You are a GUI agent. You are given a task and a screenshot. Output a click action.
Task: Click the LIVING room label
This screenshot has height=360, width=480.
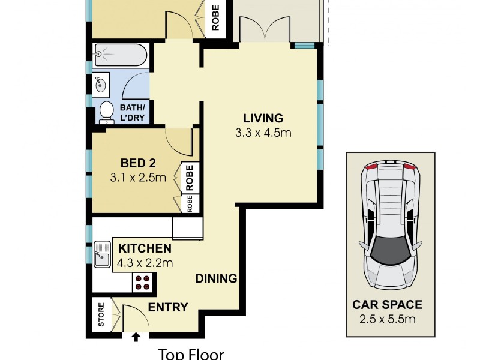click(x=263, y=118)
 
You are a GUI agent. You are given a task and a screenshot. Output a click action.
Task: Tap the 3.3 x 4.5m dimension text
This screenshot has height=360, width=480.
click(x=263, y=133)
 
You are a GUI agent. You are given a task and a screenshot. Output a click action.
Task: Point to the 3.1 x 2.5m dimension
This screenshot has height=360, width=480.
click(x=138, y=178)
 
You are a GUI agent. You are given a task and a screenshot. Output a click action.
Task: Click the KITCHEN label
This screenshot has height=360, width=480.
click(x=145, y=248)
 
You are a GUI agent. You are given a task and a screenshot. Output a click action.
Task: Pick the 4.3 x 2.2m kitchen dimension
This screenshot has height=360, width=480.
click(x=145, y=262)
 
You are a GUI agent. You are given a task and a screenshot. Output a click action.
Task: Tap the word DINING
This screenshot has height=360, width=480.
click(x=217, y=278)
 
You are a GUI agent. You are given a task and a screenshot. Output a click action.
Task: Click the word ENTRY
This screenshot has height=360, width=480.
click(x=168, y=307)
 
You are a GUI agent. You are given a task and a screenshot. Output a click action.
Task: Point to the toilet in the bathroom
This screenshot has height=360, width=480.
click(x=106, y=112)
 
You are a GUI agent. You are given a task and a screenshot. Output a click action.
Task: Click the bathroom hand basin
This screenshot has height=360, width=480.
click(x=101, y=85)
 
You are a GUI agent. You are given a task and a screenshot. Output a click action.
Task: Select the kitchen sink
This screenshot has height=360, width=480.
click(x=102, y=253)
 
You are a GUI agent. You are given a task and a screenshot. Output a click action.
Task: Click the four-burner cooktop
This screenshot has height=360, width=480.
click(x=143, y=282)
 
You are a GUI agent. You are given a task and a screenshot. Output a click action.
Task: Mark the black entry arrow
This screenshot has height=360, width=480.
click(x=136, y=337)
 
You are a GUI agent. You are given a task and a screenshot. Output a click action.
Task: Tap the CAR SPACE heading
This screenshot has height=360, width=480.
click(x=387, y=305)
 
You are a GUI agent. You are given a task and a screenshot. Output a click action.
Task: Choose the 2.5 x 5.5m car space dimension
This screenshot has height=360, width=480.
click(x=387, y=319)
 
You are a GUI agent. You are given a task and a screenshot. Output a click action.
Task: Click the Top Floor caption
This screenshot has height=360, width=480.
click(x=191, y=354)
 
